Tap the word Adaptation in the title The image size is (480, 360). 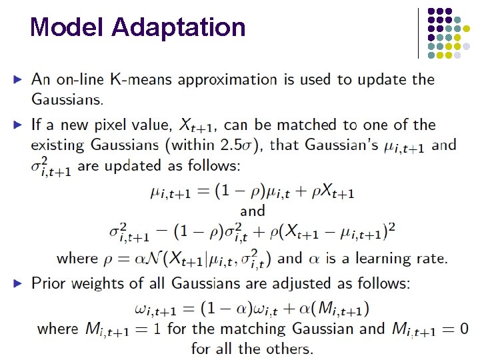click(x=179, y=27)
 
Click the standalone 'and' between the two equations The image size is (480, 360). click(x=253, y=211)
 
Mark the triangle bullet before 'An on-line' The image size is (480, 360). click(x=19, y=80)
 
